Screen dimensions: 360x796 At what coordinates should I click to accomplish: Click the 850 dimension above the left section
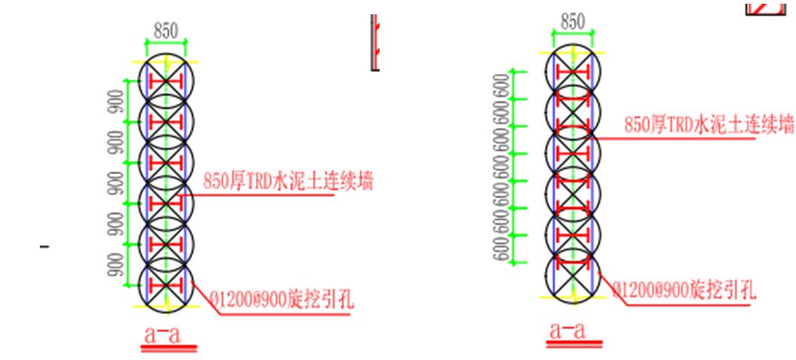pos(165,32)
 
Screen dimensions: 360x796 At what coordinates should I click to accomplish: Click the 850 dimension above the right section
pos(572,22)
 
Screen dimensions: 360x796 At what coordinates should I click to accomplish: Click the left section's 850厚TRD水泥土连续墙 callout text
pos(289,181)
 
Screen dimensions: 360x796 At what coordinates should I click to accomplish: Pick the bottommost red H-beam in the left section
pos(165,285)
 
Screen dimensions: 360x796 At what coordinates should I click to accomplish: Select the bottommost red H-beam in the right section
pos(572,263)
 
